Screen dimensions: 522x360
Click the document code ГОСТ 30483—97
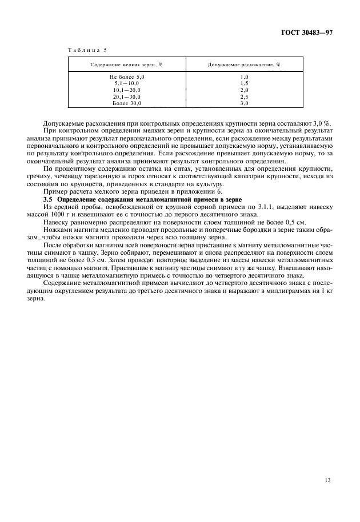click(306, 33)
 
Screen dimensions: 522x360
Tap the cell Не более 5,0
click(127, 77)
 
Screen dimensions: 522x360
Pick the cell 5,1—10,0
click(127, 83)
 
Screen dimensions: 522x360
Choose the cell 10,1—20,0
click(127, 90)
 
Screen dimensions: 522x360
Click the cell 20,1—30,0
click(127, 97)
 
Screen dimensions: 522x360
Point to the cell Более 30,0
click(127, 104)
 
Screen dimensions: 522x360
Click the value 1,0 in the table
click(244, 77)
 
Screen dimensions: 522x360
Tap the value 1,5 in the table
click(244, 83)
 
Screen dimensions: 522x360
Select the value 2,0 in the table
click(244, 90)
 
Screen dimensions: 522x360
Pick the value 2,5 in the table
click(244, 97)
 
